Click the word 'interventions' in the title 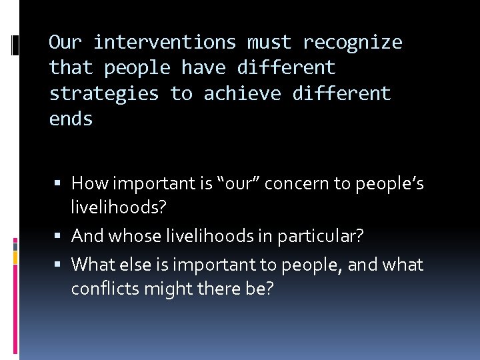[164, 43]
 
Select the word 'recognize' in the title [353, 43]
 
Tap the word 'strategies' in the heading [104, 94]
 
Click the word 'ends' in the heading [71, 120]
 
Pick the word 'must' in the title [269, 43]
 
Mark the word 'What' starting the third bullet [90, 265]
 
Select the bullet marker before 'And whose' [61, 236]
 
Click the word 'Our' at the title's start [65, 43]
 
